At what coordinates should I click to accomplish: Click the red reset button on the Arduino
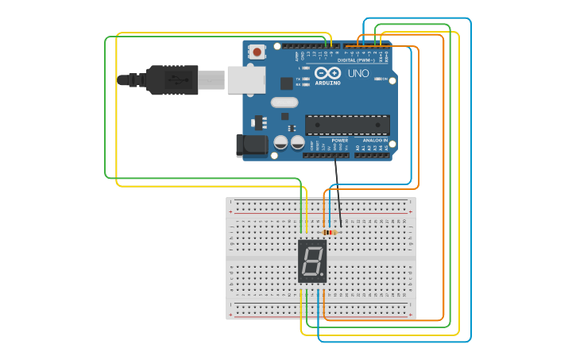pyautogui.click(x=257, y=52)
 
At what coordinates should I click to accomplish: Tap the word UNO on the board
pyautogui.click(x=358, y=73)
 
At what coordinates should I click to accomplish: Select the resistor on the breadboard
pyautogui.click(x=329, y=232)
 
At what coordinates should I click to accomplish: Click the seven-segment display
pyautogui.click(x=312, y=261)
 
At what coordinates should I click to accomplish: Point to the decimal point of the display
pyautogui.click(x=322, y=275)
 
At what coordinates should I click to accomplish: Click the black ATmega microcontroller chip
pyautogui.click(x=347, y=125)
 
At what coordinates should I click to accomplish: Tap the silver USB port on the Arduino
pyautogui.click(x=246, y=79)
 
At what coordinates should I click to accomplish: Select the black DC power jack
pyautogui.click(x=250, y=145)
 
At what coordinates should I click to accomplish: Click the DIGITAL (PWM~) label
pyautogui.click(x=357, y=60)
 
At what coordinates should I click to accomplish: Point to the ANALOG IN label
pyautogui.click(x=375, y=140)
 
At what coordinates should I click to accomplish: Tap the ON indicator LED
pyautogui.click(x=378, y=79)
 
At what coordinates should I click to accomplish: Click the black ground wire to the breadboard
pyautogui.click(x=338, y=191)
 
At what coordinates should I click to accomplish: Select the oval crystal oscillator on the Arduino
pyautogui.click(x=284, y=102)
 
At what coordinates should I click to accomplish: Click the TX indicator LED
pyautogui.click(x=306, y=79)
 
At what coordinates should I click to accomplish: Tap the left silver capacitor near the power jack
pyautogui.click(x=280, y=143)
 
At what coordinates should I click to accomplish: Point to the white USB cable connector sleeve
pyautogui.click(x=211, y=79)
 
